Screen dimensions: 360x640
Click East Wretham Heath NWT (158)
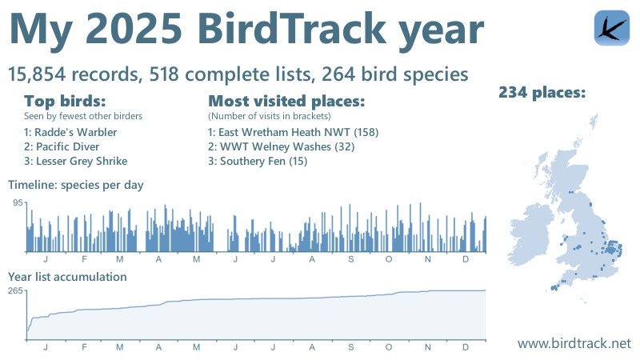click(292, 132)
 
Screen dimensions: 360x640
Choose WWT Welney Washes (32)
click(280, 146)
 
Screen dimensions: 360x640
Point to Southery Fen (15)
click(258, 161)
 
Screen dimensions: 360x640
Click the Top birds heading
click(65, 102)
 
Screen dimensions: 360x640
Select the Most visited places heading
click(286, 102)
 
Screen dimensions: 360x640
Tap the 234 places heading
click(542, 93)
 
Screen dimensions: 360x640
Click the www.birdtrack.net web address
click(574, 342)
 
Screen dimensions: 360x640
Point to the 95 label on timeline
click(17, 203)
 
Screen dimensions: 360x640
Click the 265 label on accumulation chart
click(14, 291)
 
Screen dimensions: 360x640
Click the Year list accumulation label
click(67, 277)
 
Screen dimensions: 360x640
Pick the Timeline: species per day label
click(76, 185)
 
